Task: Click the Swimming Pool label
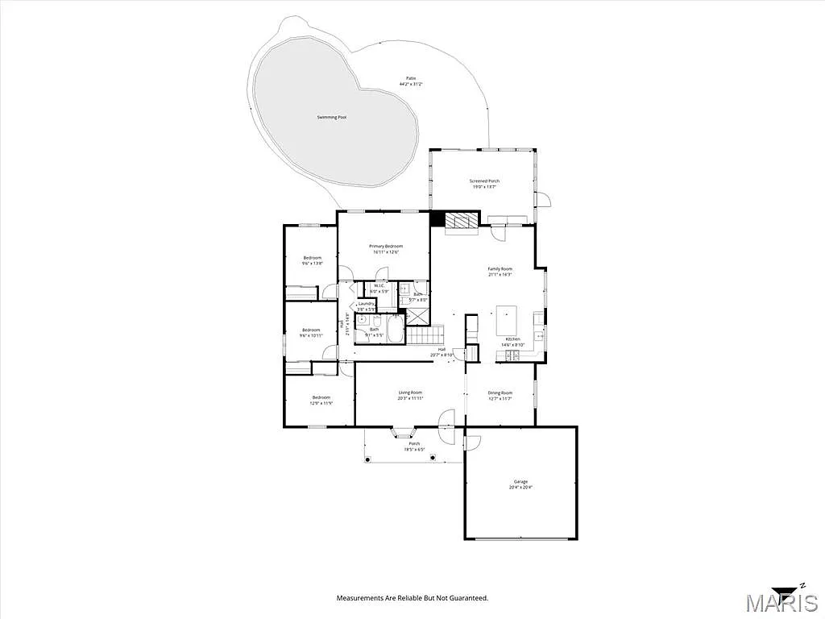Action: (x=331, y=118)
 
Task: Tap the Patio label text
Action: (x=411, y=79)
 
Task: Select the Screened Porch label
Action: (x=484, y=181)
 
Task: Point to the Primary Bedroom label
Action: (x=386, y=246)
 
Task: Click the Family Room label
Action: (x=500, y=268)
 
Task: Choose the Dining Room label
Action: (x=500, y=393)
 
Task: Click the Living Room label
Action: (x=410, y=393)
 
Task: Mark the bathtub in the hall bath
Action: (x=396, y=330)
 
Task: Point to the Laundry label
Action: (x=367, y=304)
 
